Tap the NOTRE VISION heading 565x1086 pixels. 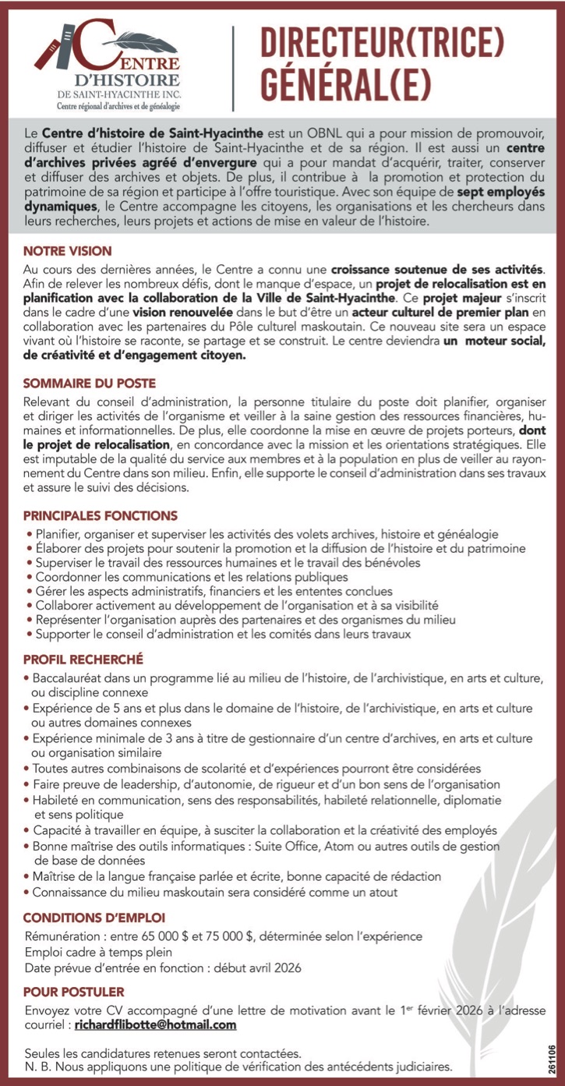68,251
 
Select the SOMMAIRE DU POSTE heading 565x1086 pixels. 90,383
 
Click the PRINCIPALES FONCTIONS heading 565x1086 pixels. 101,515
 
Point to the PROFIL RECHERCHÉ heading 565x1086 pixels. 83,660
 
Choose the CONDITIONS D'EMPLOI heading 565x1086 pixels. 94,918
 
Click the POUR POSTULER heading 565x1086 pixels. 74,992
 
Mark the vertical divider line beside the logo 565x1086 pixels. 234,66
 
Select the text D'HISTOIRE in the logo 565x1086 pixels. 126,80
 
